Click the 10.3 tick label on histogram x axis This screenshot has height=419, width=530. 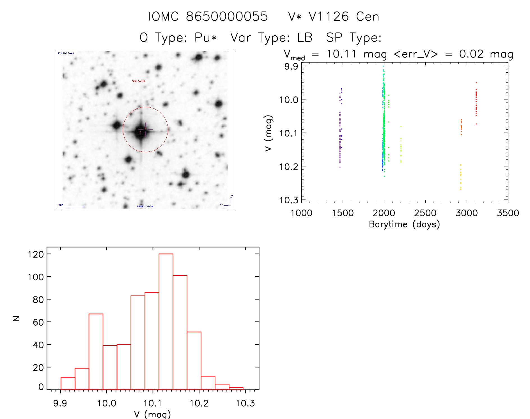(x=245, y=403)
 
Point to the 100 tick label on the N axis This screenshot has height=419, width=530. (x=36, y=277)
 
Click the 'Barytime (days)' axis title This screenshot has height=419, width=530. (x=404, y=224)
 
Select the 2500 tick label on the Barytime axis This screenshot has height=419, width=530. (x=425, y=213)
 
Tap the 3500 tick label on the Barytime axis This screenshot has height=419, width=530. (x=508, y=213)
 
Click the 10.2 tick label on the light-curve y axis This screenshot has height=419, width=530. (x=288, y=167)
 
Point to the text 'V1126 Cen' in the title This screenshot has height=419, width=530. (x=344, y=17)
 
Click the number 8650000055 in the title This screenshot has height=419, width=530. (x=227, y=17)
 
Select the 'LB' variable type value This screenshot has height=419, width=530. (x=305, y=38)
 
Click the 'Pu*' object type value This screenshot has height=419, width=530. (x=206, y=38)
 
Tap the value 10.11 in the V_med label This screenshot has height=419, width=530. (x=341, y=54)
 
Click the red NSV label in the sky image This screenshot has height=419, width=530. (x=139, y=81)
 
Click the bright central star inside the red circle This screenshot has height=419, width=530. (x=140, y=132)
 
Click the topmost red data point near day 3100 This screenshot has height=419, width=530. (x=476, y=83)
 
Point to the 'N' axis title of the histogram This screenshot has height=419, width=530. (x=17, y=318)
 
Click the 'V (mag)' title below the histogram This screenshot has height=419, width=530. (x=152, y=414)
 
